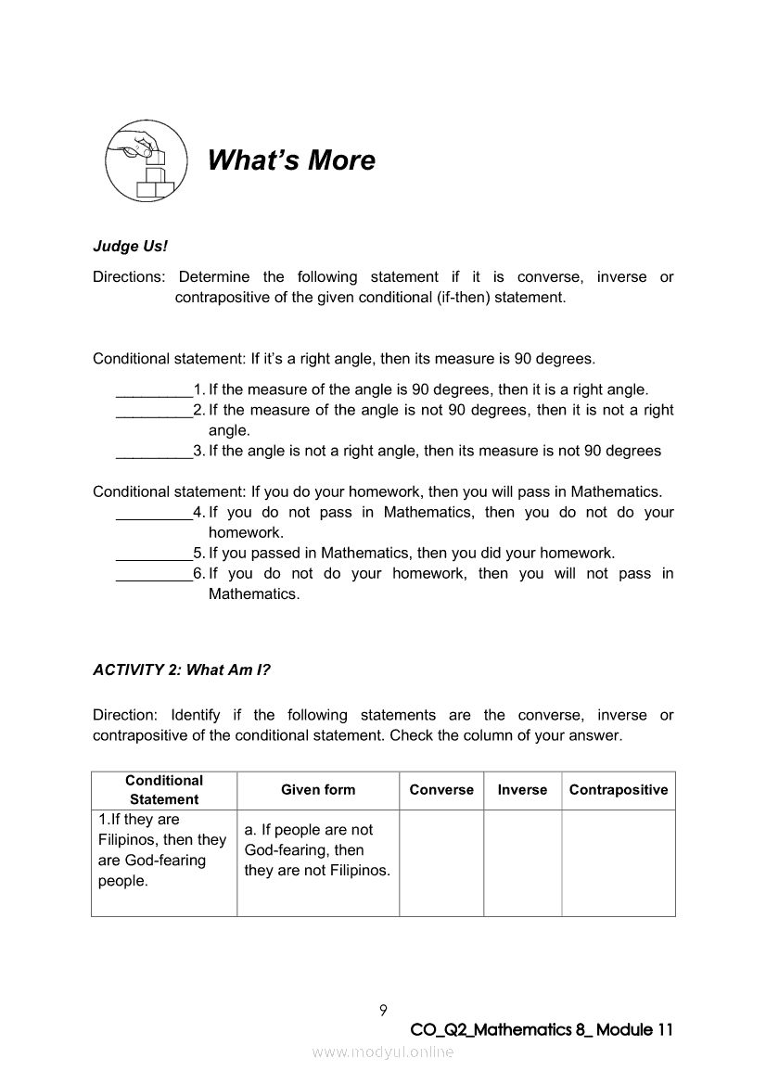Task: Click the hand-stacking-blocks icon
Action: pyautogui.click(x=145, y=162)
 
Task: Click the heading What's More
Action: pyautogui.click(x=291, y=160)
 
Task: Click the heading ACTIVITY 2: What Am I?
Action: pyautogui.click(x=182, y=670)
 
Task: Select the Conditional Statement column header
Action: pyautogui.click(x=164, y=790)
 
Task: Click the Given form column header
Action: pyautogui.click(x=318, y=790)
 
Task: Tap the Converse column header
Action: pyautogui.click(x=441, y=790)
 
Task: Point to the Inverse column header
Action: pyautogui.click(x=522, y=790)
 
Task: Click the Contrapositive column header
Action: pyautogui.click(x=619, y=790)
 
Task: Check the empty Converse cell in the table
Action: pyautogui.click(x=441, y=862)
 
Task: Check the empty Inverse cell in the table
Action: pyautogui.click(x=522, y=862)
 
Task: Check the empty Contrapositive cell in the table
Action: pyautogui.click(x=619, y=862)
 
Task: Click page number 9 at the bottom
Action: pyautogui.click(x=383, y=1010)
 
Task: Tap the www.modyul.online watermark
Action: pyautogui.click(x=383, y=1052)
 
